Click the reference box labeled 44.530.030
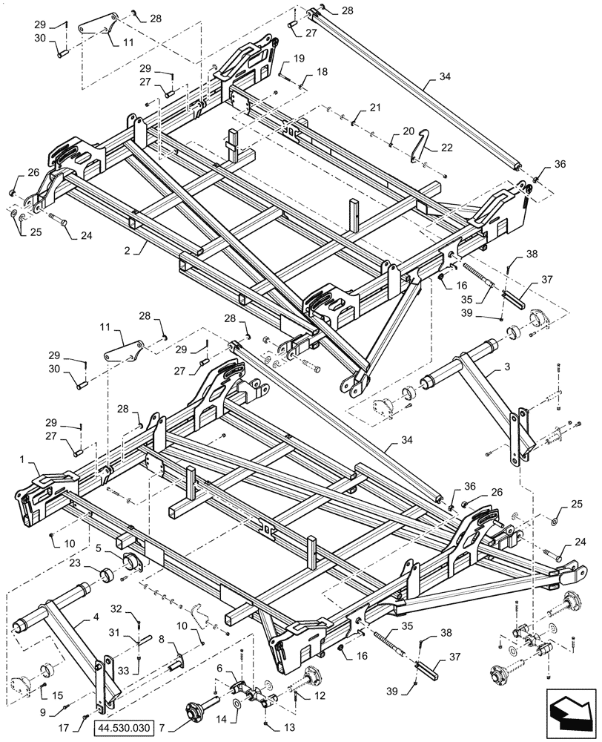click(x=123, y=729)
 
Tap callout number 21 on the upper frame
click(x=376, y=108)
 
